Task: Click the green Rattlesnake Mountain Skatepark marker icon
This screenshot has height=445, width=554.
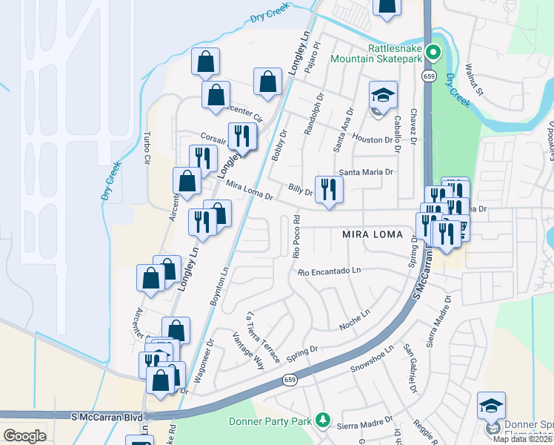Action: pyautogui.click(x=435, y=53)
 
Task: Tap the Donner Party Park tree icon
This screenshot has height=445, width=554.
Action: pyautogui.click(x=322, y=421)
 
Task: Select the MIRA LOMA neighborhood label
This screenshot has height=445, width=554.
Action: pyautogui.click(x=373, y=234)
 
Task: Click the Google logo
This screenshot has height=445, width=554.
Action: pyautogui.click(x=24, y=435)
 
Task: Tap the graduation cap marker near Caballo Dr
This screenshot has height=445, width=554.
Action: pyautogui.click(x=383, y=96)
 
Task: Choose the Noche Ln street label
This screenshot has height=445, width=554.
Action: pyautogui.click(x=353, y=319)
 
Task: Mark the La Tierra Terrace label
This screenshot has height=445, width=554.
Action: pyautogui.click(x=264, y=337)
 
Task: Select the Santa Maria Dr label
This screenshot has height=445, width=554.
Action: pyautogui.click(x=365, y=172)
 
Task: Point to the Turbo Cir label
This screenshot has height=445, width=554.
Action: pyautogui.click(x=147, y=149)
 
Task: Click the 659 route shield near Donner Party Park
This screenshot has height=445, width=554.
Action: pyautogui.click(x=290, y=380)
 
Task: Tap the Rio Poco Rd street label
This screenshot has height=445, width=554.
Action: pyautogui.click(x=296, y=237)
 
